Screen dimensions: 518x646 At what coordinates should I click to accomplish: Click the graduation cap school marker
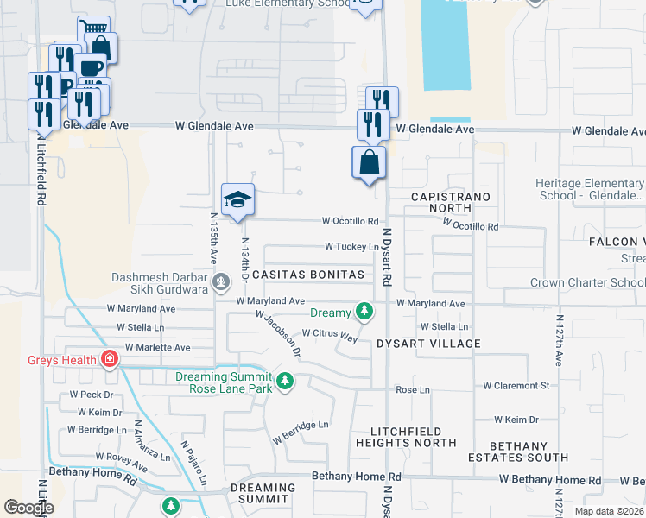click(238, 200)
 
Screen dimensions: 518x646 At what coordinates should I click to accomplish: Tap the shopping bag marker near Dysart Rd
click(369, 162)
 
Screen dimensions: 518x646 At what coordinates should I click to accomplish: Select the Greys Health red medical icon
click(110, 359)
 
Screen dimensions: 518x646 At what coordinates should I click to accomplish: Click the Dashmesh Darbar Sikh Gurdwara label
click(161, 283)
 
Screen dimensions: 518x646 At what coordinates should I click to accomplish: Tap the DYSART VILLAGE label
click(428, 344)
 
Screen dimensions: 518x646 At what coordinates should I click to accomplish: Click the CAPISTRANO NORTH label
click(451, 204)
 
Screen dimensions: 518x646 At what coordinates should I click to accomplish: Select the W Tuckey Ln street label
click(351, 247)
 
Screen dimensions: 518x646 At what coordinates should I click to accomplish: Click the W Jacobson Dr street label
click(278, 333)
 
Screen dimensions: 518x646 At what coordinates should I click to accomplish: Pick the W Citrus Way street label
click(329, 334)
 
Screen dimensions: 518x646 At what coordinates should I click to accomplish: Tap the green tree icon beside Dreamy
click(365, 312)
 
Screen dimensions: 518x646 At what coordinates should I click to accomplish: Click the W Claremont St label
click(516, 386)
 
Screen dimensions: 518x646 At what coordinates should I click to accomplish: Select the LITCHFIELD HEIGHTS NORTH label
click(406, 437)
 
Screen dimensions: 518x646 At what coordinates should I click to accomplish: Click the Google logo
click(28, 507)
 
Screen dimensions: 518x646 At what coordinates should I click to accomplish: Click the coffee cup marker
click(89, 67)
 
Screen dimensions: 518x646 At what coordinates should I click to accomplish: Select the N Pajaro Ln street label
click(194, 463)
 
